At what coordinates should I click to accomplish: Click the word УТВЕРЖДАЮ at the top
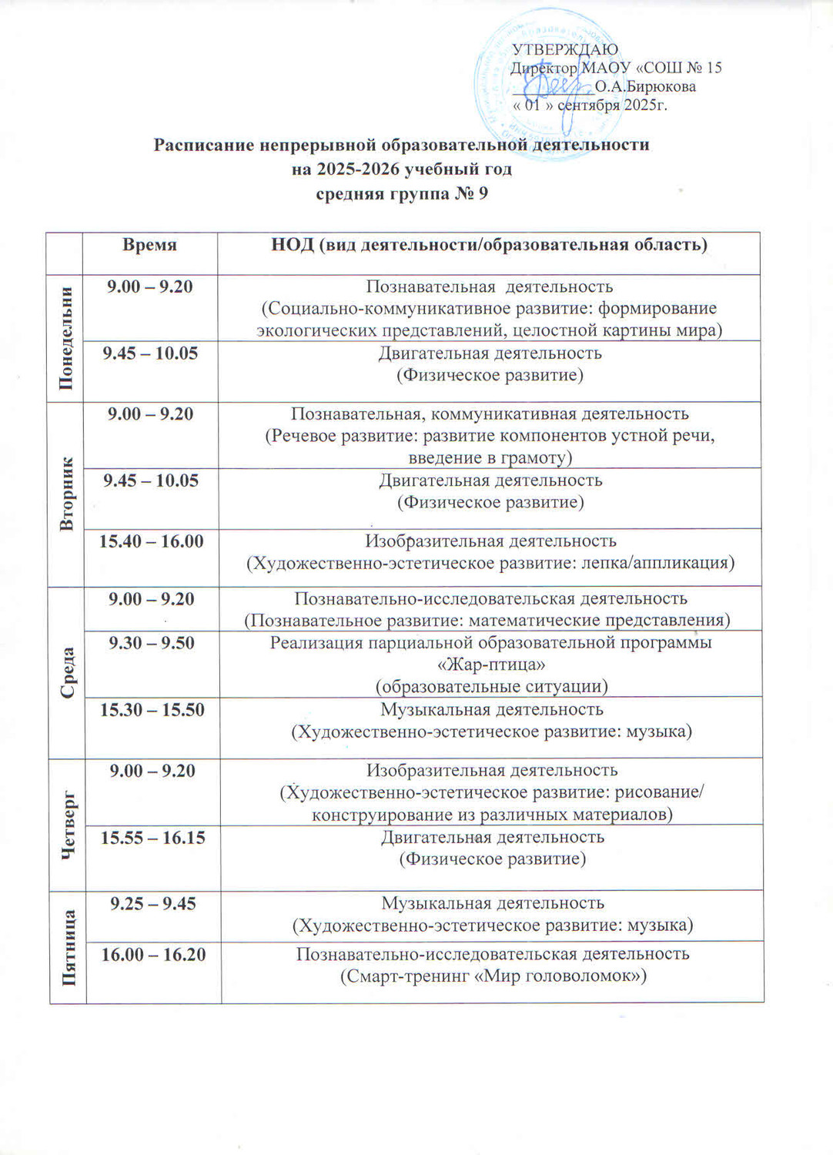[565, 50]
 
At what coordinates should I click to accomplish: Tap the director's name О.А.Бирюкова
[645, 86]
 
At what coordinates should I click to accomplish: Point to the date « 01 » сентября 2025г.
[590, 105]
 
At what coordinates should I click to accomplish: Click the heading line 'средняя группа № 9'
[402, 192]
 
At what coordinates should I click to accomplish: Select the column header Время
[149, 245]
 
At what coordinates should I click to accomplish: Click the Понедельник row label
[65, 338]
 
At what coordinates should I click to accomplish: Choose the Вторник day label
[66, 493]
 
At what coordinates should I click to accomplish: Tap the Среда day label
[68, 672]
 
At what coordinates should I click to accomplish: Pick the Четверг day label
[69, 824]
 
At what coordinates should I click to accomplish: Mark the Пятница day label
[69, 946]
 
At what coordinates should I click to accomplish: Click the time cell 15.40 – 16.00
[151, 541]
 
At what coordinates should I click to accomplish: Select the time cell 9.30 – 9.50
[152, 643]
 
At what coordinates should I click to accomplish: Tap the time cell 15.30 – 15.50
[152, 709]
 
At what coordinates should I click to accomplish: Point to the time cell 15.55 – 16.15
[153, 837]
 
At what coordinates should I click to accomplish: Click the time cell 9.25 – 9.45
[153, 903]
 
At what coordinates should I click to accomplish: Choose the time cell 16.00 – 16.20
[153, 955]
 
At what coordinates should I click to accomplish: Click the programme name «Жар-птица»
[490, 664]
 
